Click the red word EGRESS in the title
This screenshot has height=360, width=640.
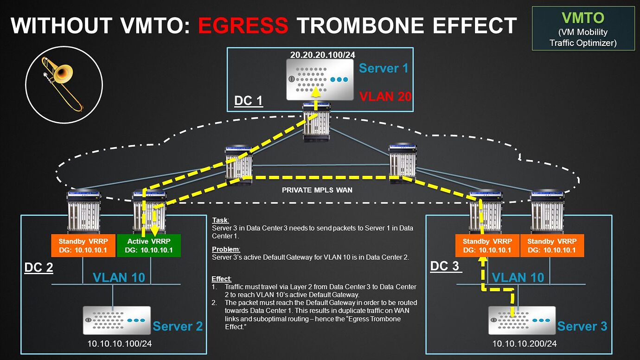pos(243,25)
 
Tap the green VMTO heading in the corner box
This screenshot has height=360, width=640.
pos(583,18)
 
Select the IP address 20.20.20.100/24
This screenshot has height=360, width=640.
pos(323,55)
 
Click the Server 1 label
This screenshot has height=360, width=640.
pos(384,68)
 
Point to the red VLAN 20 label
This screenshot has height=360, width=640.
pos(385,96)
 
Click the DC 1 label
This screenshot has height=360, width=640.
pos(248,101)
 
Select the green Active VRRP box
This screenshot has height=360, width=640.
pos(149,245)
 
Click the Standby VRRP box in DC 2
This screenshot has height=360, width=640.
pos(83,245)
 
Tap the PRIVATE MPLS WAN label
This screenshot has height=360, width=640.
pos(317,190)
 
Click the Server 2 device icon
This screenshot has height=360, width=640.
pos(116,320)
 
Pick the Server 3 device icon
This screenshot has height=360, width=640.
pos(522,320)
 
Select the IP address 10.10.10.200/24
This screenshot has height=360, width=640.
pos(525,343)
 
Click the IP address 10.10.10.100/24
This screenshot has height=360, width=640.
pos(120,343)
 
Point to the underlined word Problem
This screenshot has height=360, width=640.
pos(226,249)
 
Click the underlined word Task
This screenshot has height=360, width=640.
pos(220,220)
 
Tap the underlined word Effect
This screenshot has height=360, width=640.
pos(221,278)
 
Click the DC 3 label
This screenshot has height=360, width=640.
pos(445,266)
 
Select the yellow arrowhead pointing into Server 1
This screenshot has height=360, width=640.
pos(315,92)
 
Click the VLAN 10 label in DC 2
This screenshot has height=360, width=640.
pos(119,277)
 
